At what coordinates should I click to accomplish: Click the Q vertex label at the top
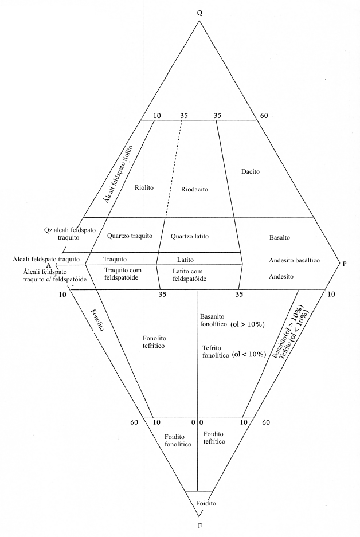click(x=199, y=12)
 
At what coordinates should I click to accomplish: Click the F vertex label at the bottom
click(x=199, y=524)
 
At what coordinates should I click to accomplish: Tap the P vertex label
click(x=344, y=264)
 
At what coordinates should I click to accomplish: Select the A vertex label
click(x=49, y=266)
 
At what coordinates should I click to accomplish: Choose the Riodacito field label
click(x=194, y=189)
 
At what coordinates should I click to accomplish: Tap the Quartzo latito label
click(x=190, y=236)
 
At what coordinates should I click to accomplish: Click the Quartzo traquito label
click(x=130, y=236)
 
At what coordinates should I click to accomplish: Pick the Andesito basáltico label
click(x=294, y=261)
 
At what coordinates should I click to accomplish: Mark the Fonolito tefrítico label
click(x=154, y=342)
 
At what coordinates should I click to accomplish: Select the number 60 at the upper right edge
click(x=264, y=116)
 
